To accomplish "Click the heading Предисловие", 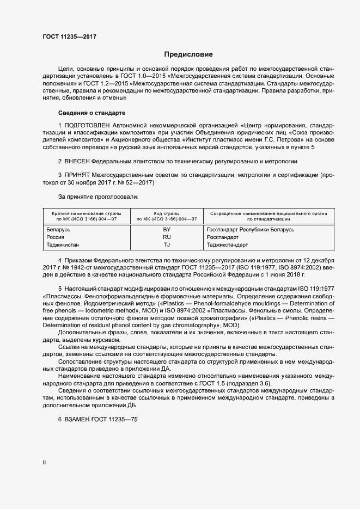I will (x=188, y=54).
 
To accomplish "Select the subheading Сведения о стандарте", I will (x=91, y=113).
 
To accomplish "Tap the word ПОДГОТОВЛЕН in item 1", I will (x=88, y=126).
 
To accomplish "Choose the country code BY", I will (x=167, y=230).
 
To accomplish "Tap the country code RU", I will (x=167, y=237).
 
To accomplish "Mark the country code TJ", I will (x=167, y=245).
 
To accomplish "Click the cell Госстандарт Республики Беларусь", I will (x=251, y=230).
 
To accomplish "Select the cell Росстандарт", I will (x=223, y=237).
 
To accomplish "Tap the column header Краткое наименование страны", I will (x=83, y=213).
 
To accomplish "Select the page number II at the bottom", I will (x=45, y=462).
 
